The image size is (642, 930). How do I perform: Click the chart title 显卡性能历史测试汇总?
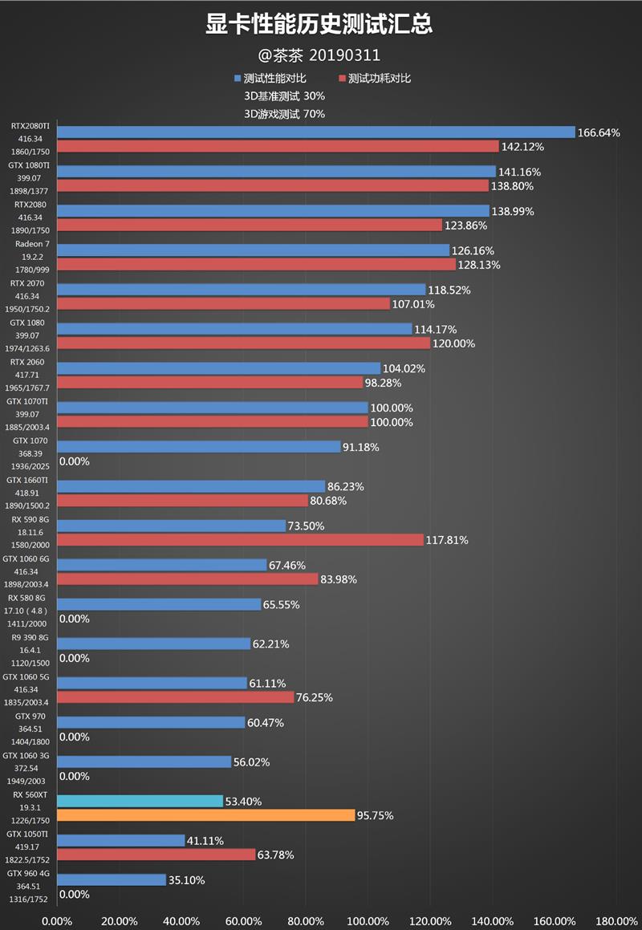tap(319, 25)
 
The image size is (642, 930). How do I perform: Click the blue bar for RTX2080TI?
tap(316, 132)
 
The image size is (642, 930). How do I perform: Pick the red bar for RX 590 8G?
tap(240, 540)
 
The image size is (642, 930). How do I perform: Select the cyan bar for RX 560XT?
tap(140, 801)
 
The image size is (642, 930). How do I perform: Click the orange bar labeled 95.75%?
tap(206, 815)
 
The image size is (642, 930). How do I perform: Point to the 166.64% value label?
tap(599, 132)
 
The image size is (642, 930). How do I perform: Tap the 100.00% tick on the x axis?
tap(368, 920)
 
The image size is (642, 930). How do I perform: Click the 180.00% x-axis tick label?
tap(617, 920)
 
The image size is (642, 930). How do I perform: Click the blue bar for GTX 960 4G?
tap(112, 879)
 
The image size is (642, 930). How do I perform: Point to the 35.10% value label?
tap(186, 879)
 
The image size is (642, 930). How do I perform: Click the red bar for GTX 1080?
tap(243, 343)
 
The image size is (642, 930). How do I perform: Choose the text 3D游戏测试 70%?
tap(284, 114)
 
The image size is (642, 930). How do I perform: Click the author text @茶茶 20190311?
tap(319, 55)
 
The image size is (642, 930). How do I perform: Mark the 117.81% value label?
tap(447, 540)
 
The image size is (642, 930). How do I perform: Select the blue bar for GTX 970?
tap(151, 722)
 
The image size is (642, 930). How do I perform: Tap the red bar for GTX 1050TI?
tap(156, 855)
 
